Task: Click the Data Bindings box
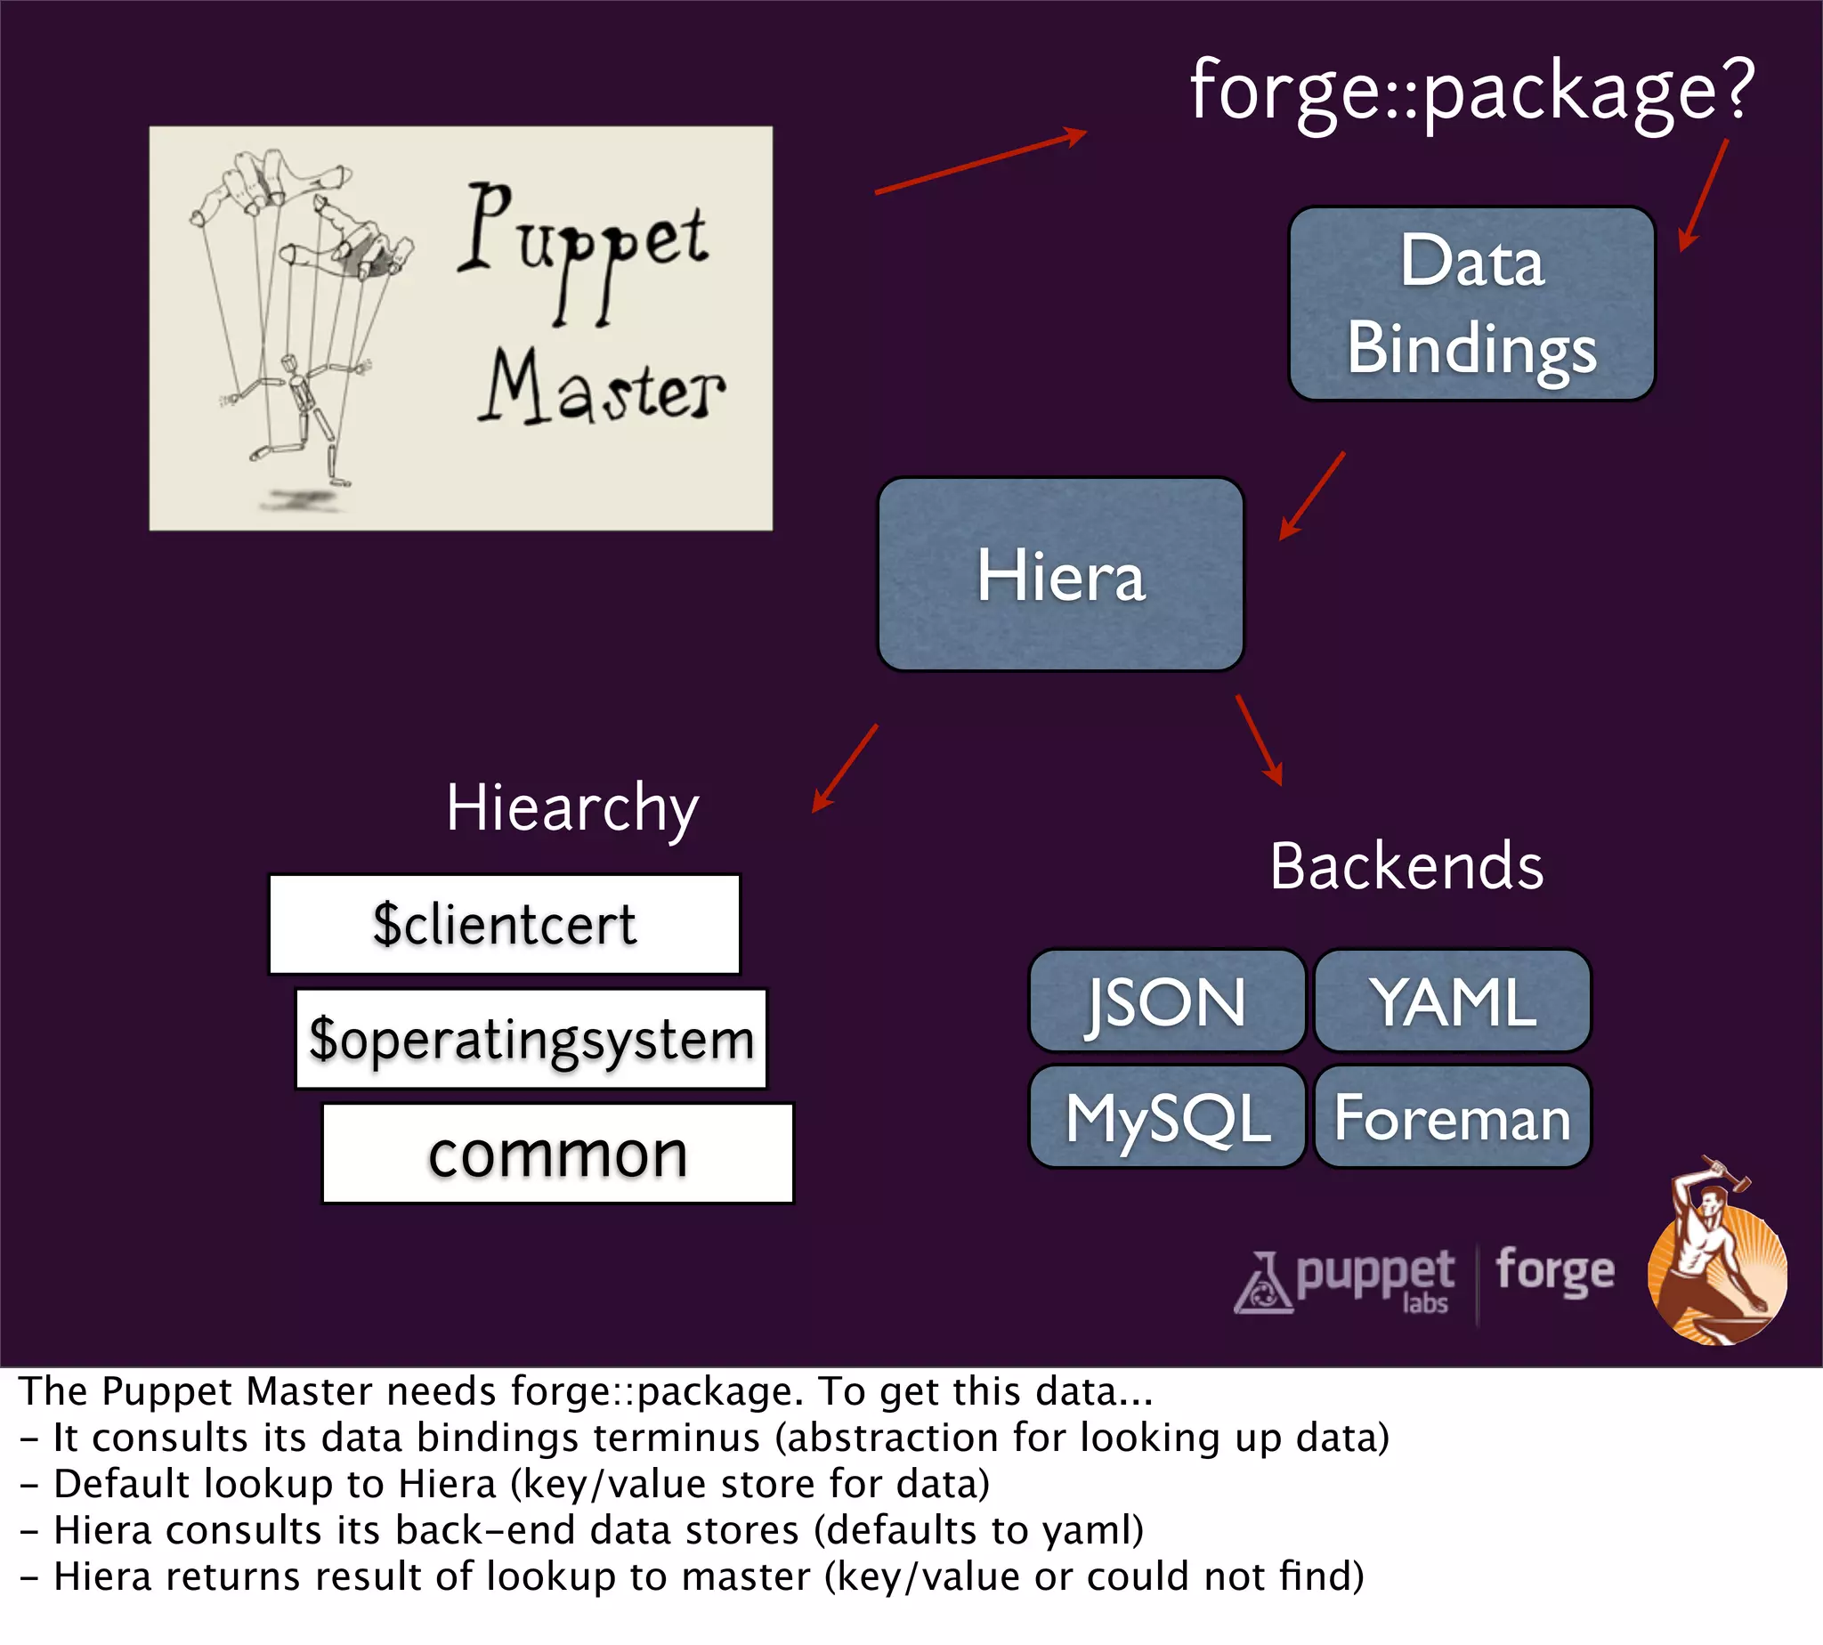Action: point(1471,304)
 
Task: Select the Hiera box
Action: point(1060,575)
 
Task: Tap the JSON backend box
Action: point(1167,1001)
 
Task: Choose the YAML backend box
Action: point(1453,1001)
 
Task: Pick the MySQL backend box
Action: point(1167,1117)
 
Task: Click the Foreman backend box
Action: point(1453,1117)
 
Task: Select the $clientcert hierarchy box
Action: point(505,925)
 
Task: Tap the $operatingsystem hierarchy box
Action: point(531,1039)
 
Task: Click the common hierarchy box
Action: point(557,1154)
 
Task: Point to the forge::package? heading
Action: point(1471,91)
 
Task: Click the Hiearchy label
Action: point(572,807)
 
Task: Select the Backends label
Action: point(1406,866)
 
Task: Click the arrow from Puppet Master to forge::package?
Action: point(981,163)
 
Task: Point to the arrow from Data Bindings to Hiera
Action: point(1312,495)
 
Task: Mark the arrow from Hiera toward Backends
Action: point(1259,740)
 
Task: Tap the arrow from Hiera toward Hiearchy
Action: point(845,767)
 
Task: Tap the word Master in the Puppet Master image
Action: point(601,389)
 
